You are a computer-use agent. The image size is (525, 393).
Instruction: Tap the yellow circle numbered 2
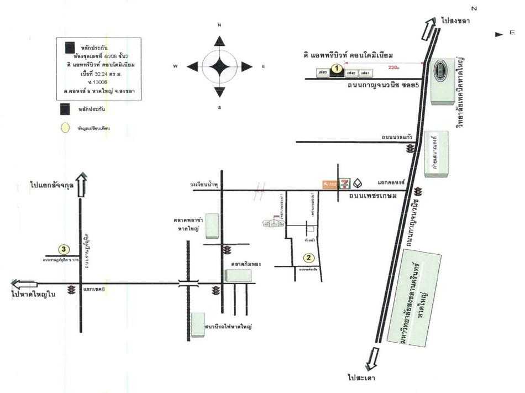308,257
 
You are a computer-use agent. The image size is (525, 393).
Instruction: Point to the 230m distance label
393,67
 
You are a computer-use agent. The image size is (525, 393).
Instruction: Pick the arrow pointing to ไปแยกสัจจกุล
81,185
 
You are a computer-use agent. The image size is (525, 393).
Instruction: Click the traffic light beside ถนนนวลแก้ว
410,149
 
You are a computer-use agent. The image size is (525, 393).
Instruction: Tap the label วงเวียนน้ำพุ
202,186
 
